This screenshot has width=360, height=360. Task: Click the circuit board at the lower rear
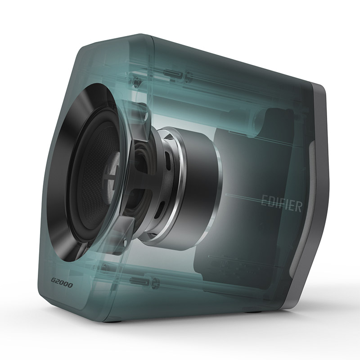tap(234, 261)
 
